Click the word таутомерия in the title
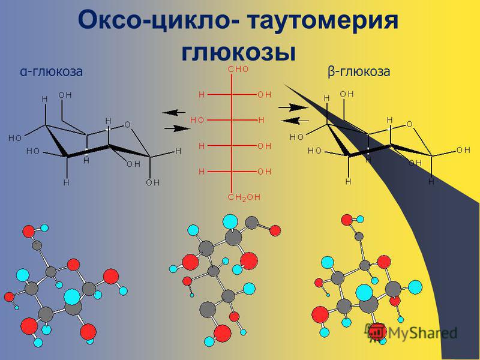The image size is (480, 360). coord(322,21)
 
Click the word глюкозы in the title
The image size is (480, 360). coord(239,52)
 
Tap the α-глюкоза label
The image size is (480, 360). coord(52,71)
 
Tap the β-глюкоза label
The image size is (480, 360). coord(359,71)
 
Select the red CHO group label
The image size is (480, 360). coord(238,69)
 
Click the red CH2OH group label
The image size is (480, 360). coord(244,197)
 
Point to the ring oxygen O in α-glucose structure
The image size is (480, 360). coord(127,125)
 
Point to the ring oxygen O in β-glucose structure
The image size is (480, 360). coord(409,124)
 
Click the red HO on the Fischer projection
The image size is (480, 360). coord(197,120)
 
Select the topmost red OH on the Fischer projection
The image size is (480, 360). coord(264,95)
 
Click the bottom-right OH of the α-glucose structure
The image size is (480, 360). coord(153,183)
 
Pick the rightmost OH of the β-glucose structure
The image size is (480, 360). coord(463,151)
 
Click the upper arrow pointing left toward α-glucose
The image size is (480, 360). coord(174,112)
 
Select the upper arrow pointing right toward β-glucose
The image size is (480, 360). coord(293,107)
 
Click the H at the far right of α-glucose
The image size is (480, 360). coord(178,151)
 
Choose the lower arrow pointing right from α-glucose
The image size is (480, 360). coord(177,128)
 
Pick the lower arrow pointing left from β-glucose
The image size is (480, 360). coord(295,121)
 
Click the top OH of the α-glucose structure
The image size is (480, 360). coord(65,95)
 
